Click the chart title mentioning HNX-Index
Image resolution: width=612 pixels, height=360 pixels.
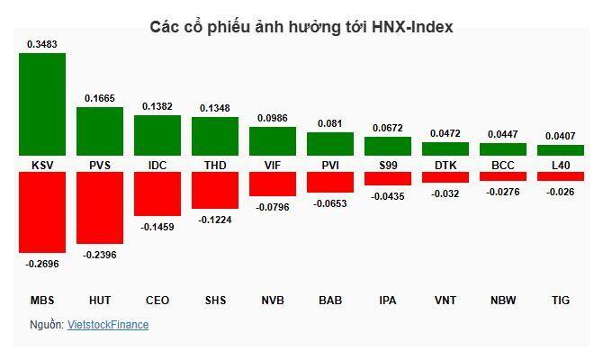click(x=301, y=27)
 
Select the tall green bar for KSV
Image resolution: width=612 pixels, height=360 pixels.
click(x=42, y=103)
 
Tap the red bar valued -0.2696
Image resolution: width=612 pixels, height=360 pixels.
click(x=42, y=211)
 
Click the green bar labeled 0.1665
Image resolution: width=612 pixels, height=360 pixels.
click(x=100, y=131)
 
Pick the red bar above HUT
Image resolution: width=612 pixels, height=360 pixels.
click(x=100, y=207)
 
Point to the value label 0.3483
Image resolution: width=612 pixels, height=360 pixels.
click(x=42, y=43)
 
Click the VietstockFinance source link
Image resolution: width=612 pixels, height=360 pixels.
click(x=108, y=325)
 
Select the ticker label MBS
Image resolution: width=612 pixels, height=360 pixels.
click(x=42, y=300)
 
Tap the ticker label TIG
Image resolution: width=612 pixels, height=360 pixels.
click(x=561, y=300)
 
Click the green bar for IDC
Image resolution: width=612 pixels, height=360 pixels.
click(x=157, y=135)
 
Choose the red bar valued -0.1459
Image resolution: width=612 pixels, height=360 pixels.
click(x=157, y=193)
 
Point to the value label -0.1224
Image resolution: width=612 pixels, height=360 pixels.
click(x=215, y=220)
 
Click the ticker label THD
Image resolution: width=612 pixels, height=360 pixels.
click(x=215, y=165)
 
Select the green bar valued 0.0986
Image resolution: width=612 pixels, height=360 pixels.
click(x=273, y=141)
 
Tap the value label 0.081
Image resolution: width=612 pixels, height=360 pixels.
click(x=330, y=123)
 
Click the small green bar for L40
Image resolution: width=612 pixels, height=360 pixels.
click(x=561, y=150)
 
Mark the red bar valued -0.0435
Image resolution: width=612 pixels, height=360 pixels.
click(x=388, y=178)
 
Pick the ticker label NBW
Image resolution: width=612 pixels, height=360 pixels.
click(x=503, y=300)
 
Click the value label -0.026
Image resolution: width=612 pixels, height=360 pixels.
click(x=561, y=192)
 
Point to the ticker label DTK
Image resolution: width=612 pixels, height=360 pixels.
click(x=445, y=165)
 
